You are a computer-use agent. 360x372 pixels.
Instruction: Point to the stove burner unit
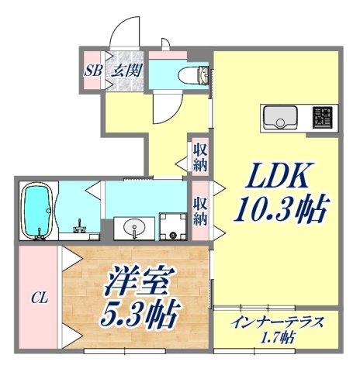324,117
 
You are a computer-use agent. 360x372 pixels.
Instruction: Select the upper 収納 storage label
200,158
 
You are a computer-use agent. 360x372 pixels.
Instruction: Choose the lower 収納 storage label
200,210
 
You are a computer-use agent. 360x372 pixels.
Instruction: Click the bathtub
37,208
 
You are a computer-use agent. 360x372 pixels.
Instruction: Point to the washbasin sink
132,228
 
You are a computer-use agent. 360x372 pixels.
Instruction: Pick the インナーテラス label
275,321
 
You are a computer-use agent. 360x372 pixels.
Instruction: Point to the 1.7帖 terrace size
276,337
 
